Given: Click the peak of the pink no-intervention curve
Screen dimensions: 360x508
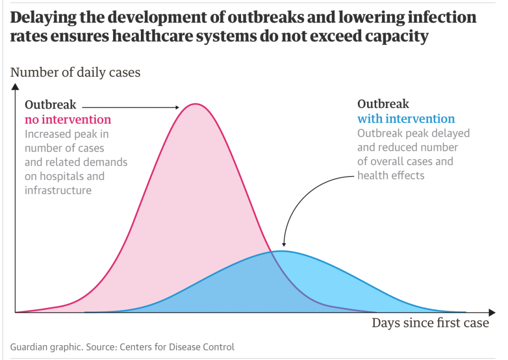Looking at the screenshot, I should tap(195, 104).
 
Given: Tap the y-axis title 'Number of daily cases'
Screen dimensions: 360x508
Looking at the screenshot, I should tap(75, 72).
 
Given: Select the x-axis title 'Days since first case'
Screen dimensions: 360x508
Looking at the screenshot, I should tap(430, 323).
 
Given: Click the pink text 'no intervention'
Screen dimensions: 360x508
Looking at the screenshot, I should tap(68, 120).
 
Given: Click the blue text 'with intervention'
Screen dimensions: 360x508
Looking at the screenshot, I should tap(406, 119).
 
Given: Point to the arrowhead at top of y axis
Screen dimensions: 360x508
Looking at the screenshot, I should tap(16, 88).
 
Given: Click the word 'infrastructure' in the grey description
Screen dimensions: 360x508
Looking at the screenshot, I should tap(58, 190).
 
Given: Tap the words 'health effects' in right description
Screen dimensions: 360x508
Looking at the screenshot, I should tap(390, 176).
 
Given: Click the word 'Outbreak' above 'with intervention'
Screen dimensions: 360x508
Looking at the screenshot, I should tap(383, 104).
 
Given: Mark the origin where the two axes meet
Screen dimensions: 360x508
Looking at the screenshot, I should tap(16, 312).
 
